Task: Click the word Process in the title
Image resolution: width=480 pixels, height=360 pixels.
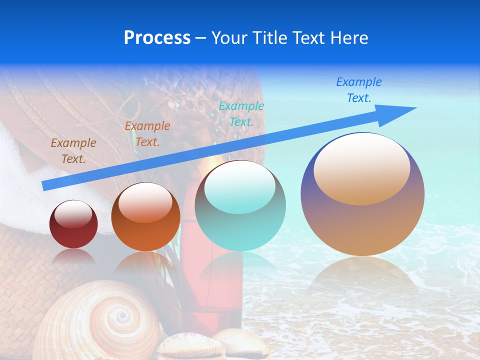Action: click(x=157, y=37)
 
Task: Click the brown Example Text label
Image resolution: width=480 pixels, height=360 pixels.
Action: click(x=73, y=151)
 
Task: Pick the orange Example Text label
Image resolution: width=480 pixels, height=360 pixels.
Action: click(x=147, y=134)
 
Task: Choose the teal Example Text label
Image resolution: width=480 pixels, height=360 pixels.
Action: click(x=241, y=113)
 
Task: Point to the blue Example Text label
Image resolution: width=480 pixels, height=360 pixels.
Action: click(x=359, y=90)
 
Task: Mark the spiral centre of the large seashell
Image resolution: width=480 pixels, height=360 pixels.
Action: click(x=121, y=315)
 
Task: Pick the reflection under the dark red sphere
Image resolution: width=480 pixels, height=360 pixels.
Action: click(x=73, y=256)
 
